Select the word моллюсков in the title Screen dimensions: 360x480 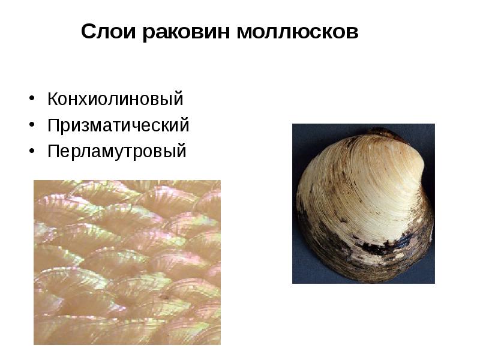pos(297,31)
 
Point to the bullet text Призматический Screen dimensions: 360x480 pos(118,125)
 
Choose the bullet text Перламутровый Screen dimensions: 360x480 pos(117,151)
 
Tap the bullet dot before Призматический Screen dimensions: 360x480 pos(31,125)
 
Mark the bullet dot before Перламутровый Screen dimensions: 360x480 pos(31,151)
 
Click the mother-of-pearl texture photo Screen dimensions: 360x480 pos(127,262)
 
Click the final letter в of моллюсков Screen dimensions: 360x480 pos(353,32)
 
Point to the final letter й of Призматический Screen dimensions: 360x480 pos(185,125)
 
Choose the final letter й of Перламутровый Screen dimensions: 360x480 pos(182,151)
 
